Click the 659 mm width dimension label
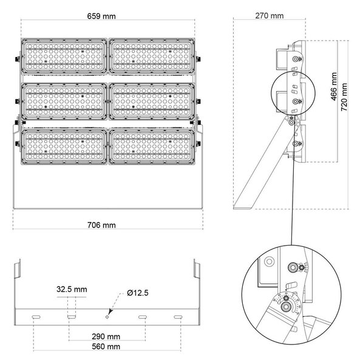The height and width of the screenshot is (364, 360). click(x=101, y=16)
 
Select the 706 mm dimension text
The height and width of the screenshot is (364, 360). click(x=101, y=225)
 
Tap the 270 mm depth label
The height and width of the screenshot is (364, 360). click(x=270, y=16)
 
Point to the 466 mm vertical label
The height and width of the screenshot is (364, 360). click(x=334, y=86)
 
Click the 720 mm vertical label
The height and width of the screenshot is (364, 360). click(x=344, y=97)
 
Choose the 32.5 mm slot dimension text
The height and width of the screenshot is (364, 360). click(x=72, y=289)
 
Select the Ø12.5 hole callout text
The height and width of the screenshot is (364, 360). click(x=137, y=293)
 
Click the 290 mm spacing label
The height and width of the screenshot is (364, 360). click(x=106, y=336)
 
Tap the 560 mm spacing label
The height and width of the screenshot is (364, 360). click(x=106, y=346)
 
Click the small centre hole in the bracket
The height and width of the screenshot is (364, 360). click(x=107, y=317)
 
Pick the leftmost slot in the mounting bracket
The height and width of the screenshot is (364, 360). click(x=36, y=317)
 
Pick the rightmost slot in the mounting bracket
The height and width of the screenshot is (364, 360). click(x=178, y=317)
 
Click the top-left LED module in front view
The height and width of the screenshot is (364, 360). click(x=64, y=56)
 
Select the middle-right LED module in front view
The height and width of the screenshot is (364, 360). click(x=152, y=101)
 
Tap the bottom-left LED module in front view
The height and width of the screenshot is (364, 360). click(x=64, y=147)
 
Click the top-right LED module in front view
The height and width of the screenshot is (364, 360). click(x=152, y=56)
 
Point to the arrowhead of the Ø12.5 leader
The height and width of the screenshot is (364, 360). click(x=110, y=312)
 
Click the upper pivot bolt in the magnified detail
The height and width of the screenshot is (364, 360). click(x=293, y=268)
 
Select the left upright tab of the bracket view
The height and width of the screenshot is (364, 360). click(x=18, y=269)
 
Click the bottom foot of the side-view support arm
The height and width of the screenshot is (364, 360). click(x=244, y=207)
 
